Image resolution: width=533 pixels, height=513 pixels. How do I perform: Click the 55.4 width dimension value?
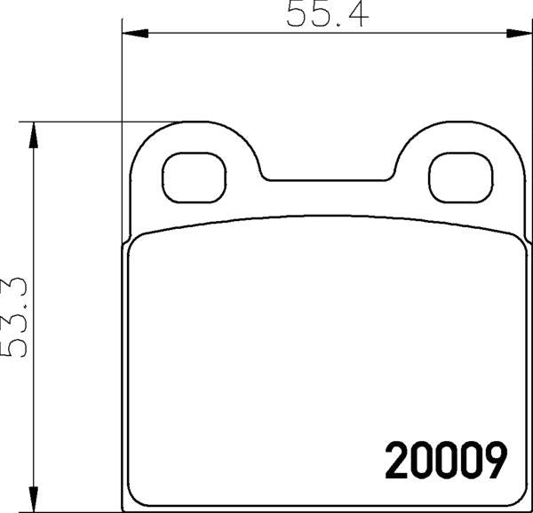327,14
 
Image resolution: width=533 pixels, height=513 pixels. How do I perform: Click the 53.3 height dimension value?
14,317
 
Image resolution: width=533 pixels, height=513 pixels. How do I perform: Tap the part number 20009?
446,461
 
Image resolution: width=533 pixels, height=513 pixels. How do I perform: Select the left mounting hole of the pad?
194,178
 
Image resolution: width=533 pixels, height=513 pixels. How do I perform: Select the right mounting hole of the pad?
460,178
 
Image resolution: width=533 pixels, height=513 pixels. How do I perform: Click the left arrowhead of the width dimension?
135,33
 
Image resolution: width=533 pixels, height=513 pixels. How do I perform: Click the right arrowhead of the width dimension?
520,33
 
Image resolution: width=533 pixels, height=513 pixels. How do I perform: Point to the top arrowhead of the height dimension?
34,135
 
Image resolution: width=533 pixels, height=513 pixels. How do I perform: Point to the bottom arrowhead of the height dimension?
34,499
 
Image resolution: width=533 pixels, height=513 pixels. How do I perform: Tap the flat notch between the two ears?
327,180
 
